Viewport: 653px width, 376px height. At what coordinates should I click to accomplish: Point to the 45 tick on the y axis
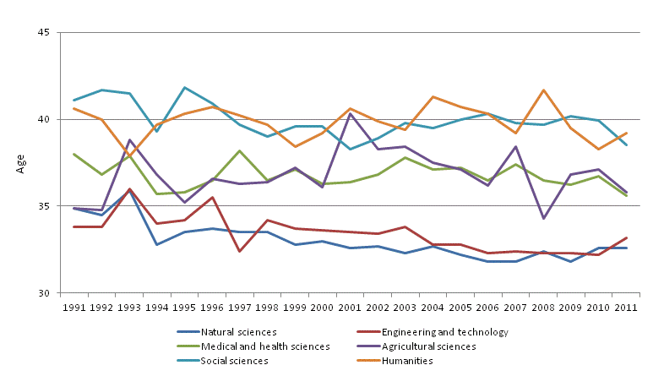click(x=45, y=33)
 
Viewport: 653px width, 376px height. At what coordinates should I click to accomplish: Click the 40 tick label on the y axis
click(x=45, y=120)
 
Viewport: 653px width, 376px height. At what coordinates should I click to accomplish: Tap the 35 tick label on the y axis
click(x=45, y=206)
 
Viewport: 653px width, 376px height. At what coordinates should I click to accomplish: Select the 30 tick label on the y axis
click(x=45, y=293)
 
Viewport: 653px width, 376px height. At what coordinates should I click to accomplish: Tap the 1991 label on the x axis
click(x=73, y=306)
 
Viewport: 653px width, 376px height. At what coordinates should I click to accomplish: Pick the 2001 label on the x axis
click(x=350, y=306)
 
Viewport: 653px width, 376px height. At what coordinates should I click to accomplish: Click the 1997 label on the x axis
click(x=239, y=306)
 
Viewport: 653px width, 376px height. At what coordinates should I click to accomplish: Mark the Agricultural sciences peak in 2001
click(x=350, y=113)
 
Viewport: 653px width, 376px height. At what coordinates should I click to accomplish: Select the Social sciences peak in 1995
click(x=184, y=88)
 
